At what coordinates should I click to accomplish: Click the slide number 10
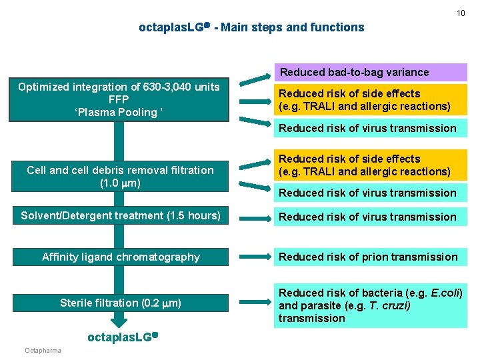(461, 13)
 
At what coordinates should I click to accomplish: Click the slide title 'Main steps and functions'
(293, 27)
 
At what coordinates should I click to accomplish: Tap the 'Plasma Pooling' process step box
(119, 100)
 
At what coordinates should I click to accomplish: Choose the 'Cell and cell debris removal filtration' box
(120, 176)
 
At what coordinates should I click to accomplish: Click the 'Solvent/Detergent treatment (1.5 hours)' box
(120, 216)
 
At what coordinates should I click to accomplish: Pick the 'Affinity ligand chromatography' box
(120, 257)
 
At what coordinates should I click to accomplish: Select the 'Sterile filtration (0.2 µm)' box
(120, 303)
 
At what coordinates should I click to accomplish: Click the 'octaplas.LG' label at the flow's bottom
(120, 337)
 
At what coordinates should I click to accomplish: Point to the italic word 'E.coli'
(447, 293)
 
